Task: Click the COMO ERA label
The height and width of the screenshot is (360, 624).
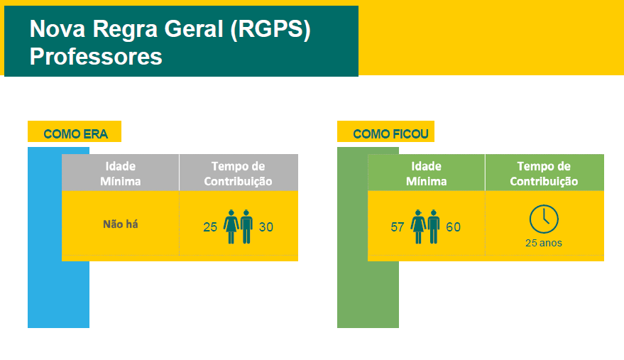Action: click(x=76, y=133)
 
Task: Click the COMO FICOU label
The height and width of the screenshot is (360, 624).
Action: click(x=390, y=133)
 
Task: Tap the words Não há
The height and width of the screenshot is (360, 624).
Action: click(x=121, y=224)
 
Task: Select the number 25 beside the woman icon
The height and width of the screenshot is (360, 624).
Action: click(x=210, y=227)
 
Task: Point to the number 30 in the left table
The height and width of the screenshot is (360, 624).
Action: click(x=266, y=227)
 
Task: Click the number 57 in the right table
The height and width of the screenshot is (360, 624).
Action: click(x=397, y=227)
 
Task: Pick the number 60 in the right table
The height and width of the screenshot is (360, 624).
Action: click(x=454, y=227)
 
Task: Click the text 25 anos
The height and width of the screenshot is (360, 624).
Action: click(x=544, y=243)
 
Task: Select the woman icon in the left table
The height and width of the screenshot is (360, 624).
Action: click(x=231, y=227)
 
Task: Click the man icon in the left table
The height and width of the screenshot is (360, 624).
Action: click(x=247, y=227)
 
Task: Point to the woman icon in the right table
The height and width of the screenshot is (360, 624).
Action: click(x=418, y=227)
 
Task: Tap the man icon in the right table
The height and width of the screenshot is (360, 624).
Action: click(x=434, y=227)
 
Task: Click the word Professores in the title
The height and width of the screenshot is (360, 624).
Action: click(x=96, y=57)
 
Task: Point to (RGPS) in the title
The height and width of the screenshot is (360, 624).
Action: click(x=270, y=30)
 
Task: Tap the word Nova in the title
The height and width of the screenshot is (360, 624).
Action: click(x=58, y=29)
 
